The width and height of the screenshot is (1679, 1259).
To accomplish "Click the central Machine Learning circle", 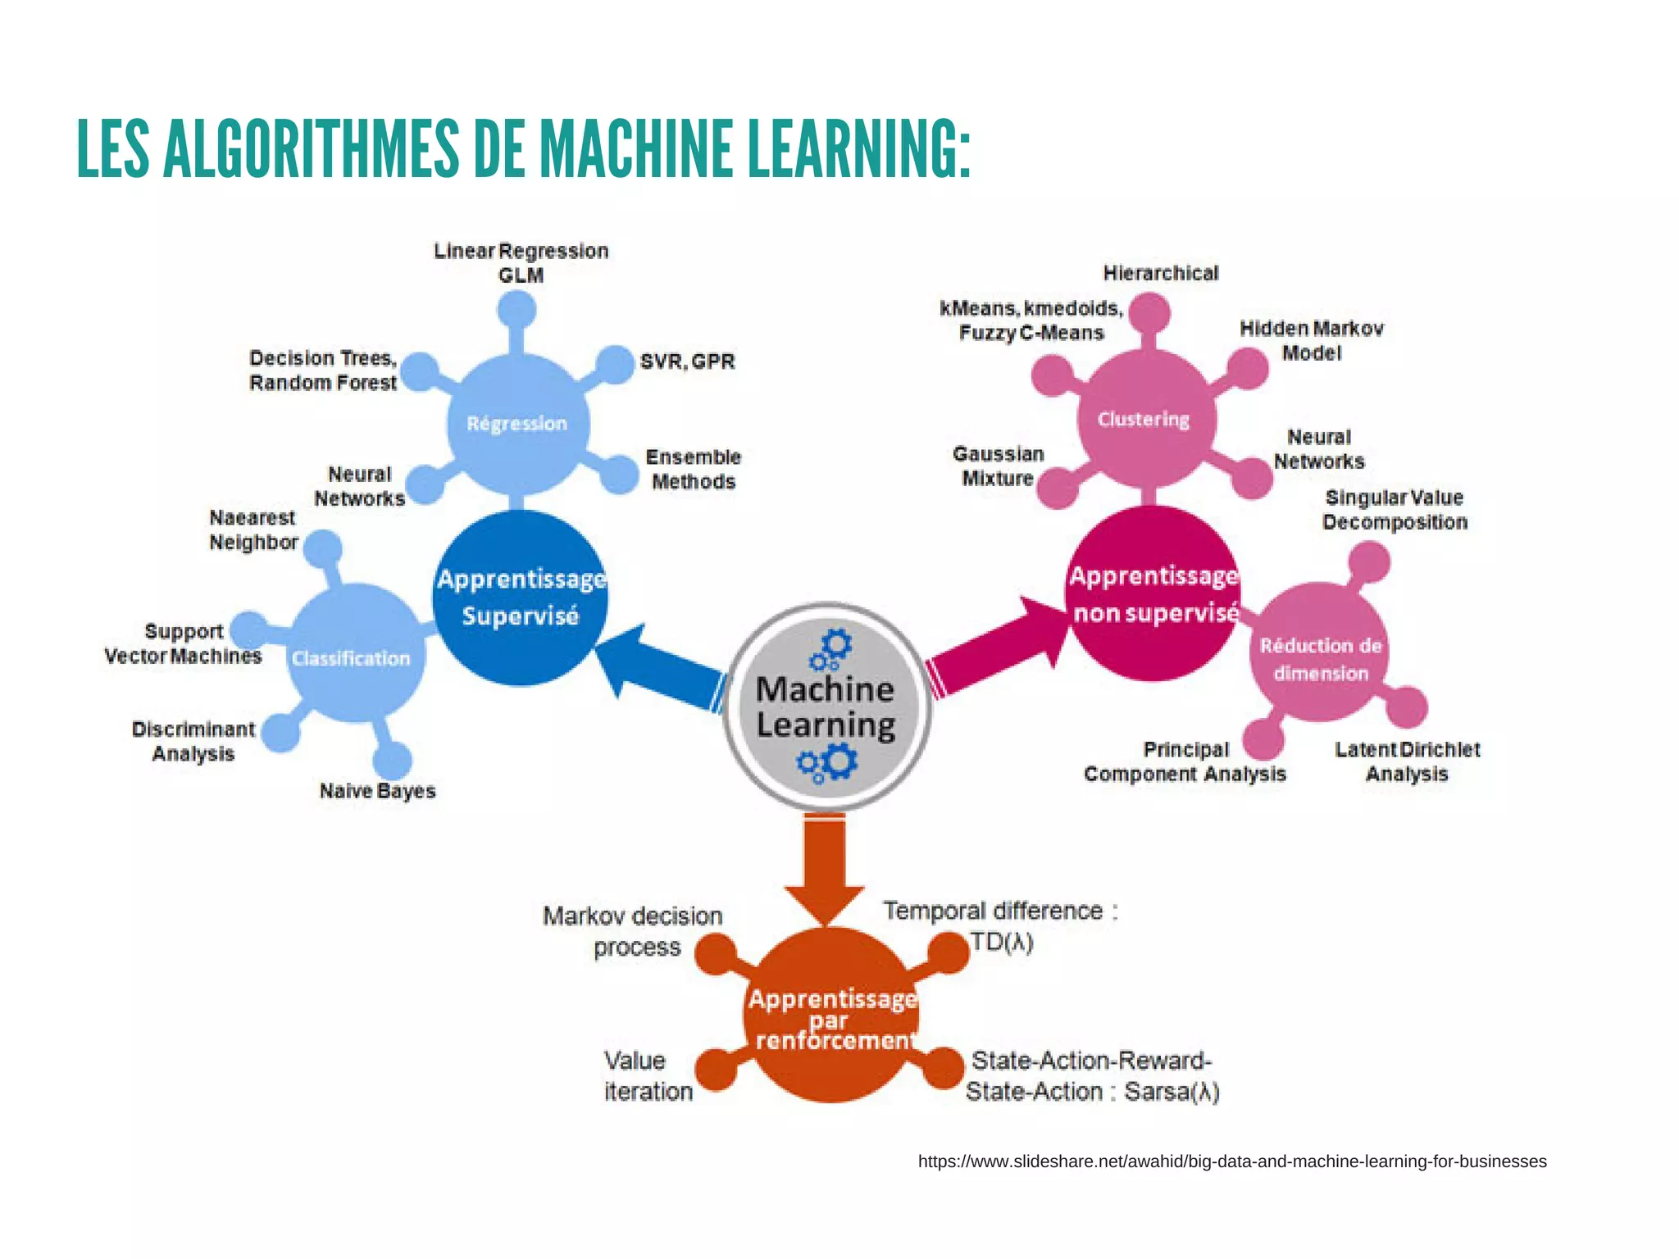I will coord(826,707).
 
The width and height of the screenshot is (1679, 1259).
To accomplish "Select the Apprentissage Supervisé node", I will coord(521,598).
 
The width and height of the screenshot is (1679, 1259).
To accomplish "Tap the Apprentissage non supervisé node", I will coord(1154,593).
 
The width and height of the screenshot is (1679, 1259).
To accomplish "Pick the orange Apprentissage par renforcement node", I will coord(831,1016).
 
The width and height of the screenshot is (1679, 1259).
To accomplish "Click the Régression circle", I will coord(517,424).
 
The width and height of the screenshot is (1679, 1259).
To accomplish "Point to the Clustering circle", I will coord(1144,419).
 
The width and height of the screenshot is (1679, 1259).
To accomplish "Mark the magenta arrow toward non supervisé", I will coord(1000,648).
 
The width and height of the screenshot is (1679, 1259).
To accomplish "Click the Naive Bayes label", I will coord(377,791).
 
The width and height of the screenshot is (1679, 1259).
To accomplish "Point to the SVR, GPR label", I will coord(687,361).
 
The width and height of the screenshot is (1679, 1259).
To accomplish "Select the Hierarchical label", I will coord(1160,273).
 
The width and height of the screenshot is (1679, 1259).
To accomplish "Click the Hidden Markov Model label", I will coord(1312,340).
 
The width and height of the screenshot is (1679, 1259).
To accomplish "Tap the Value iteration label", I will coord(648,1076).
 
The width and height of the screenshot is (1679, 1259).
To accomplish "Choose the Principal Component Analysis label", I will coord(1185,761).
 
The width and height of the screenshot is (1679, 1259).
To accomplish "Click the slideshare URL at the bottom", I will coord(1232,1161).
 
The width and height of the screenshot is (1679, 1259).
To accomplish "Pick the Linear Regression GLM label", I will coord(521,262).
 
